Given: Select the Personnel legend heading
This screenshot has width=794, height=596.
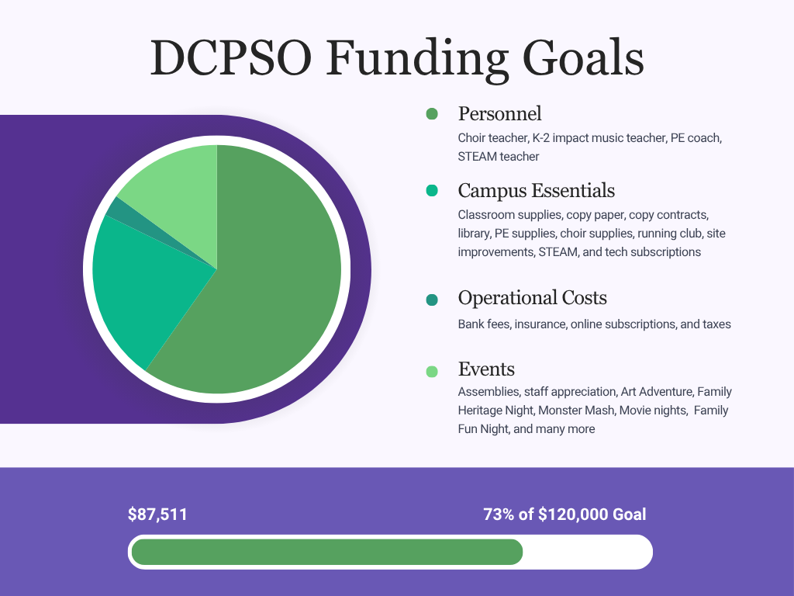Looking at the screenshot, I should (499, 114).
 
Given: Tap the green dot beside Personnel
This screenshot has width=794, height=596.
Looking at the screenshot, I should (432, 114).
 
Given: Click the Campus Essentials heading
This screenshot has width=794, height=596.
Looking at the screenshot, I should (536, 190).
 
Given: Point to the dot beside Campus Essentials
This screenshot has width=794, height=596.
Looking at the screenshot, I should (432, 191).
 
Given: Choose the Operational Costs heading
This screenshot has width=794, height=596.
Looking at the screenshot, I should (532, 298).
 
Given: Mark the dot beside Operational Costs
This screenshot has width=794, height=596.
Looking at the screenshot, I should (432, 300).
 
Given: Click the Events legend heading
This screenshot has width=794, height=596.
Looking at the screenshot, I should (486, 369).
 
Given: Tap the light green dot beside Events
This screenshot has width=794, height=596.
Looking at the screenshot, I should (432, 371).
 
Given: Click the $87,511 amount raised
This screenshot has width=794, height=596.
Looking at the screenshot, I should (158, 515).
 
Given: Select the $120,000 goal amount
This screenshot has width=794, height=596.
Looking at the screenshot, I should (572, 515).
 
